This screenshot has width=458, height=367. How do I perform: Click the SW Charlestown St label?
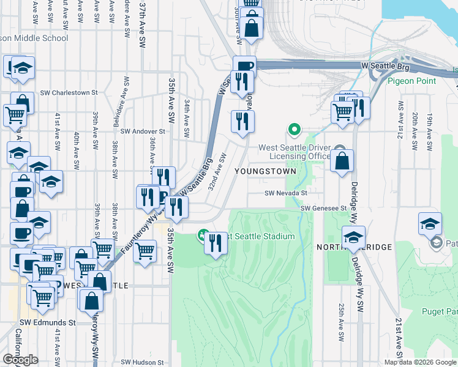pyautogui.click(x=69, y=93)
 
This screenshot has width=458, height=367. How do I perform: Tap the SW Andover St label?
pyautogui.click(x=143, y=131)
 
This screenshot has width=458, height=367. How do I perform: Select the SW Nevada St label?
pyautogui.click(x=285, y=193)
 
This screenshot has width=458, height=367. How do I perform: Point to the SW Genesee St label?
pyautogui.click(x=324, y=209)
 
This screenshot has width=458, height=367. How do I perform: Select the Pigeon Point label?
pyautogui.click(x=411, y=81)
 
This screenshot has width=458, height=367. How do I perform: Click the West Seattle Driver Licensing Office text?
pyautogui.click(x=295, y=152)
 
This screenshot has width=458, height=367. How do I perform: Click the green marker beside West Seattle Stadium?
pyautogui.click(x=203, y=235)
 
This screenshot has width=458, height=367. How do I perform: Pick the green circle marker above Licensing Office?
pyautogui.click(x=295, y=130)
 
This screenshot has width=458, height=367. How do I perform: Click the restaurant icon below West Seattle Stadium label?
pyautogui.click(x=216, y=243)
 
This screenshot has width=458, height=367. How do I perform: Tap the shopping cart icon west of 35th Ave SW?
pyautogui.click(x=145, y=250)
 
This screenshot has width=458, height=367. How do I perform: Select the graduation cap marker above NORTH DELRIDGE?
pyautogui.click(x=353, y=237)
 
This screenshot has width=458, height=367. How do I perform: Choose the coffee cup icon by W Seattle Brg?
pyautogui.click(x=244, y=66)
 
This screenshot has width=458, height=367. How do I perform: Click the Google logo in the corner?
pyautogui.click(x=21, y=360)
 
